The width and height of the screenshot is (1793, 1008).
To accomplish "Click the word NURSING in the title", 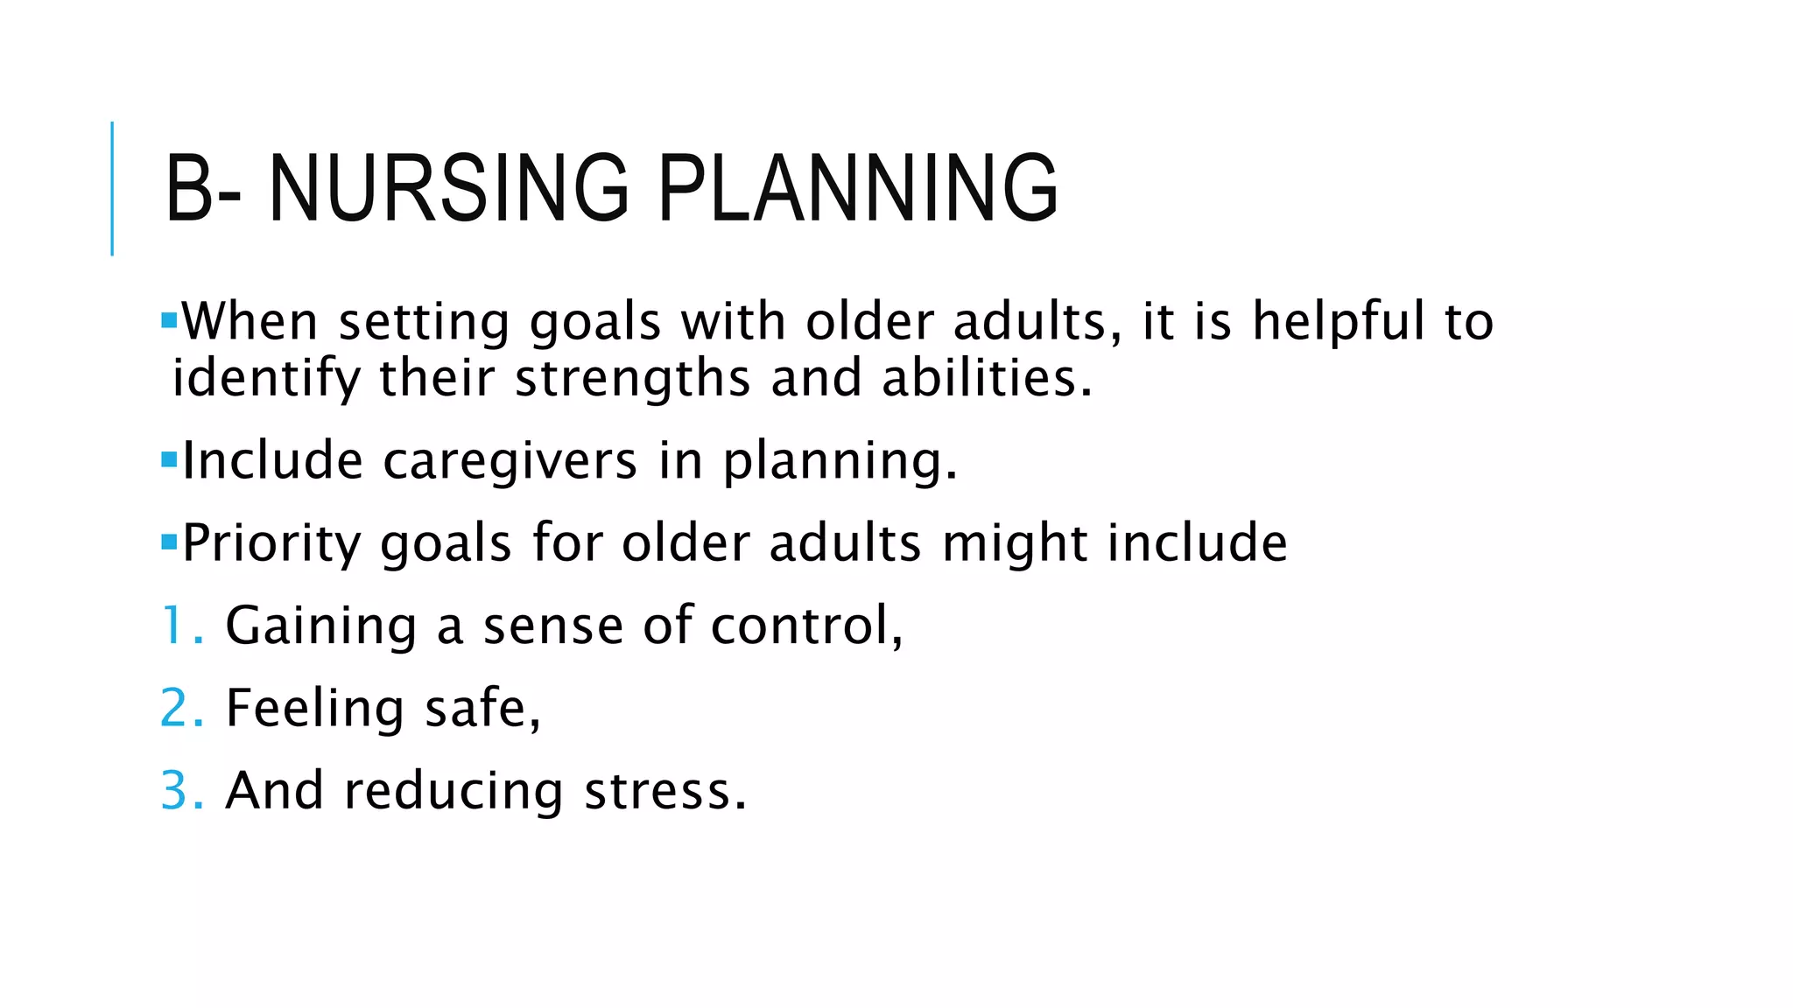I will pyautogui.click(x=448, y=188).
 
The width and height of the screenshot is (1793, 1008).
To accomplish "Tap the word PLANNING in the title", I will pyautogui.click(x=857, y=188).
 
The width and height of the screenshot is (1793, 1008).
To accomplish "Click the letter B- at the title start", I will pyautogui.click(x=202, y=188).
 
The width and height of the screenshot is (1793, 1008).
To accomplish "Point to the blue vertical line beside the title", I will pyautogui.click(x=112, y=188).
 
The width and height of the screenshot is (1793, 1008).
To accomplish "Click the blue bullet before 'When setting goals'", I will pyautogui.click(x=169, y=320).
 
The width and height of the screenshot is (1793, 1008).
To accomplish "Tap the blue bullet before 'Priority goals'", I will pyautogui.click(x=169, y=542).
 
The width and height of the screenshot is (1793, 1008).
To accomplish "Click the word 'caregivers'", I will pyautogui.click(x=510, y=461).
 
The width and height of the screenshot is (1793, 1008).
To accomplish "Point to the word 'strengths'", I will pyautogui.click(x=632, y=379).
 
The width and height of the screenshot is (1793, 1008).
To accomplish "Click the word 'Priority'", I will pyautogui.click(x=271, y=543).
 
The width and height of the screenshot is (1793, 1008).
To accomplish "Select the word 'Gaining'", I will pyautogui.click(x=320, y=626).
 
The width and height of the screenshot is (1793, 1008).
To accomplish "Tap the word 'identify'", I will pyautogui.click(x=266, y=379).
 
